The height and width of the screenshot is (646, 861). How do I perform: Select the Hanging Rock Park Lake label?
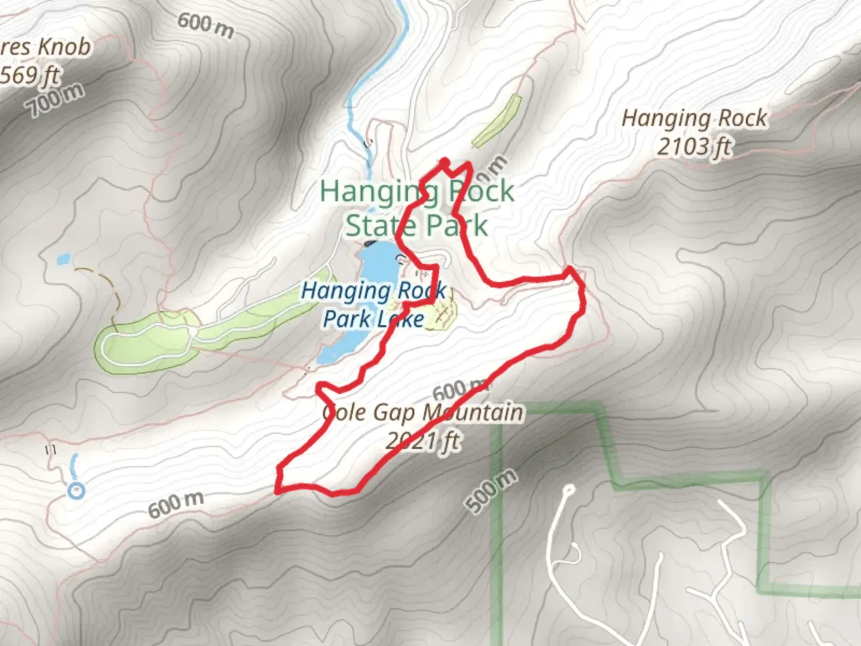point(374,305)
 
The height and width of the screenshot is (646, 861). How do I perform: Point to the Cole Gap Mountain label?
point(423,413)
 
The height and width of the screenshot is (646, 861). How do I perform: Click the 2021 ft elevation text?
point(423,441)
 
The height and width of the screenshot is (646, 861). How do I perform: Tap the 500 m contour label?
point(491,491)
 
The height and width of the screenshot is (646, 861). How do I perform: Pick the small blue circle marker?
point(76,491)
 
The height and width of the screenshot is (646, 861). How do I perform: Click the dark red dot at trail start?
point(444,161)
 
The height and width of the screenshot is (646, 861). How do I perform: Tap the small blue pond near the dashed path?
point(63,260)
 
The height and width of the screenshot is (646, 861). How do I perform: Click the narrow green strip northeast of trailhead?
point(497,121)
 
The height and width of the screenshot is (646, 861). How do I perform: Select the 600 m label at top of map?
point(205,25)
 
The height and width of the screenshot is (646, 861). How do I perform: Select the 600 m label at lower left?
point(175,504)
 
